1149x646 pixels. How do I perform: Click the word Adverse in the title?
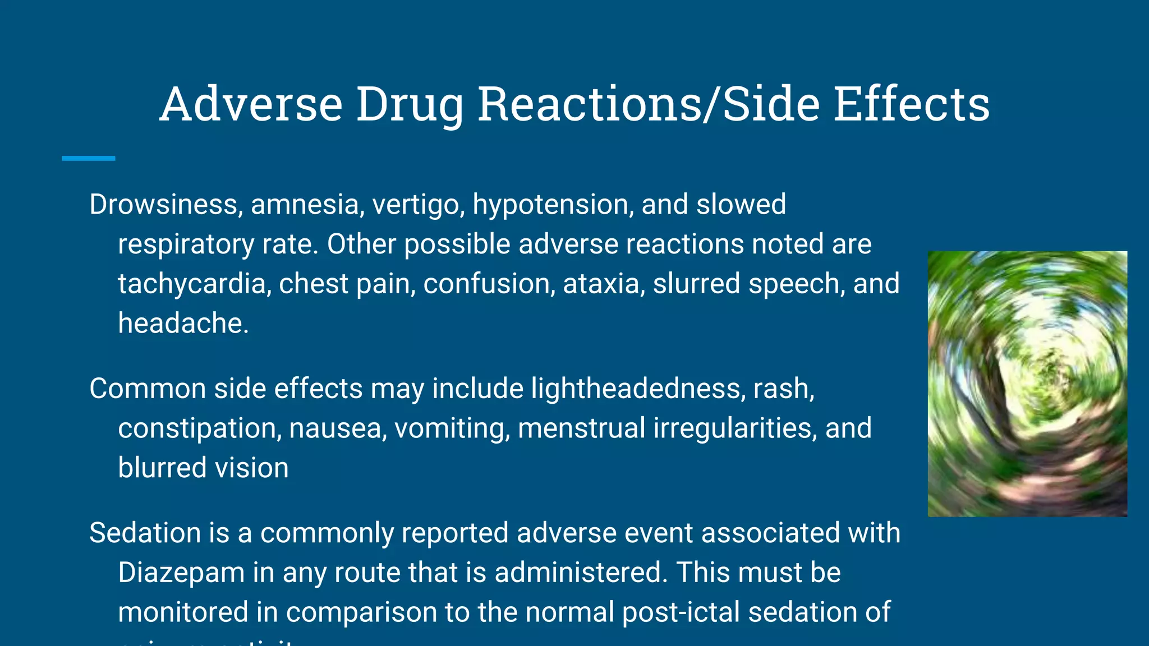(251, 104)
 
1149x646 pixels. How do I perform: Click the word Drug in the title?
(410, 105)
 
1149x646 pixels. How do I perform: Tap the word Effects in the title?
(911, 104)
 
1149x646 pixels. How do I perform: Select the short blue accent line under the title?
(89, 159)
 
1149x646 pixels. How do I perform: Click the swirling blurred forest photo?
(1027, 384)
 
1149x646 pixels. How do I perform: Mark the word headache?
(183, 324)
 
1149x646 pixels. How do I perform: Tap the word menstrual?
(581, 428)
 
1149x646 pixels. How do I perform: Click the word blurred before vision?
(162, 468)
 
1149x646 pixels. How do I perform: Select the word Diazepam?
(181, 573)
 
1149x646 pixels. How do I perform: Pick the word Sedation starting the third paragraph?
(145, 533)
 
